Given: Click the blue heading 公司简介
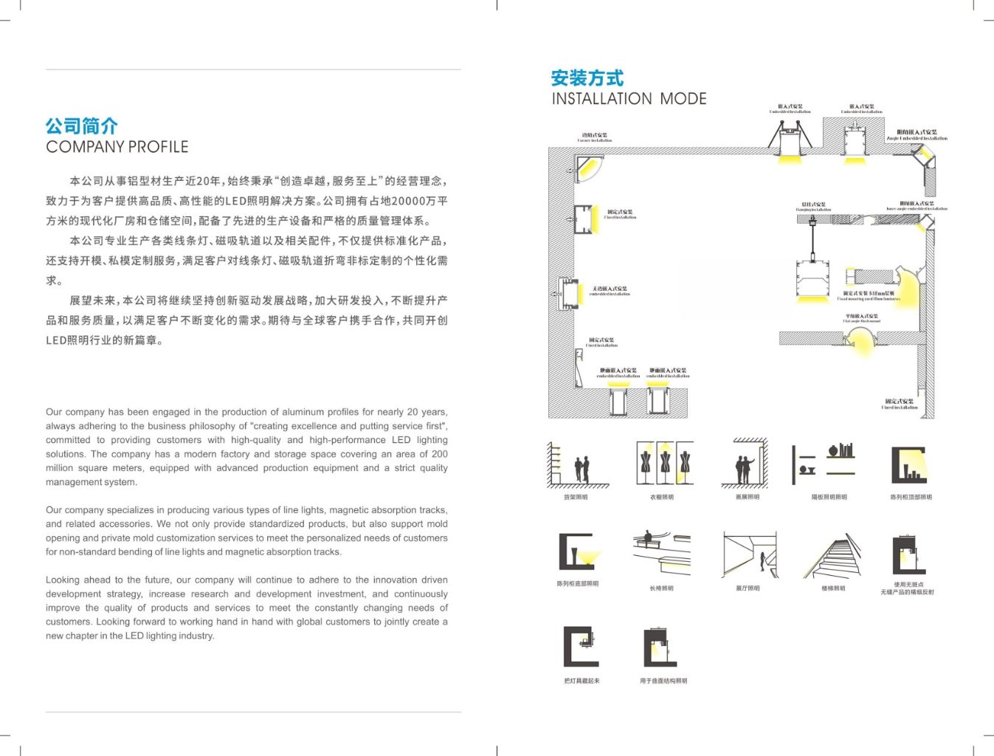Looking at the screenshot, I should pos(81,126).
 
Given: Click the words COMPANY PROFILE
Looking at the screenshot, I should pos(117,147).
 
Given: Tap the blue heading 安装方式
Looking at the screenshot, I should pos(587,78).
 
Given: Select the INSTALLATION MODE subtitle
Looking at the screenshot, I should pos(629,99).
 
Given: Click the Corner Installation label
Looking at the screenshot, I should pos(595,137).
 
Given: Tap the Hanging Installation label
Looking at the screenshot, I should pos(813,207).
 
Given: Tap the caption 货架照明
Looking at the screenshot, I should pos(576,498).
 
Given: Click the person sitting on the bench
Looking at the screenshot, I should pos(648,537).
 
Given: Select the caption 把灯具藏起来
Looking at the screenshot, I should pos(581,681).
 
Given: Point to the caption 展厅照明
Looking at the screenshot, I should pos(748,588).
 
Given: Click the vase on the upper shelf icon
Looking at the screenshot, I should pos(833,450).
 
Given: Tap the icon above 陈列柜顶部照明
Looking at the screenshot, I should pos(909,464).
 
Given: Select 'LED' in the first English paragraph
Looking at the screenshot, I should pos(401,440).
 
